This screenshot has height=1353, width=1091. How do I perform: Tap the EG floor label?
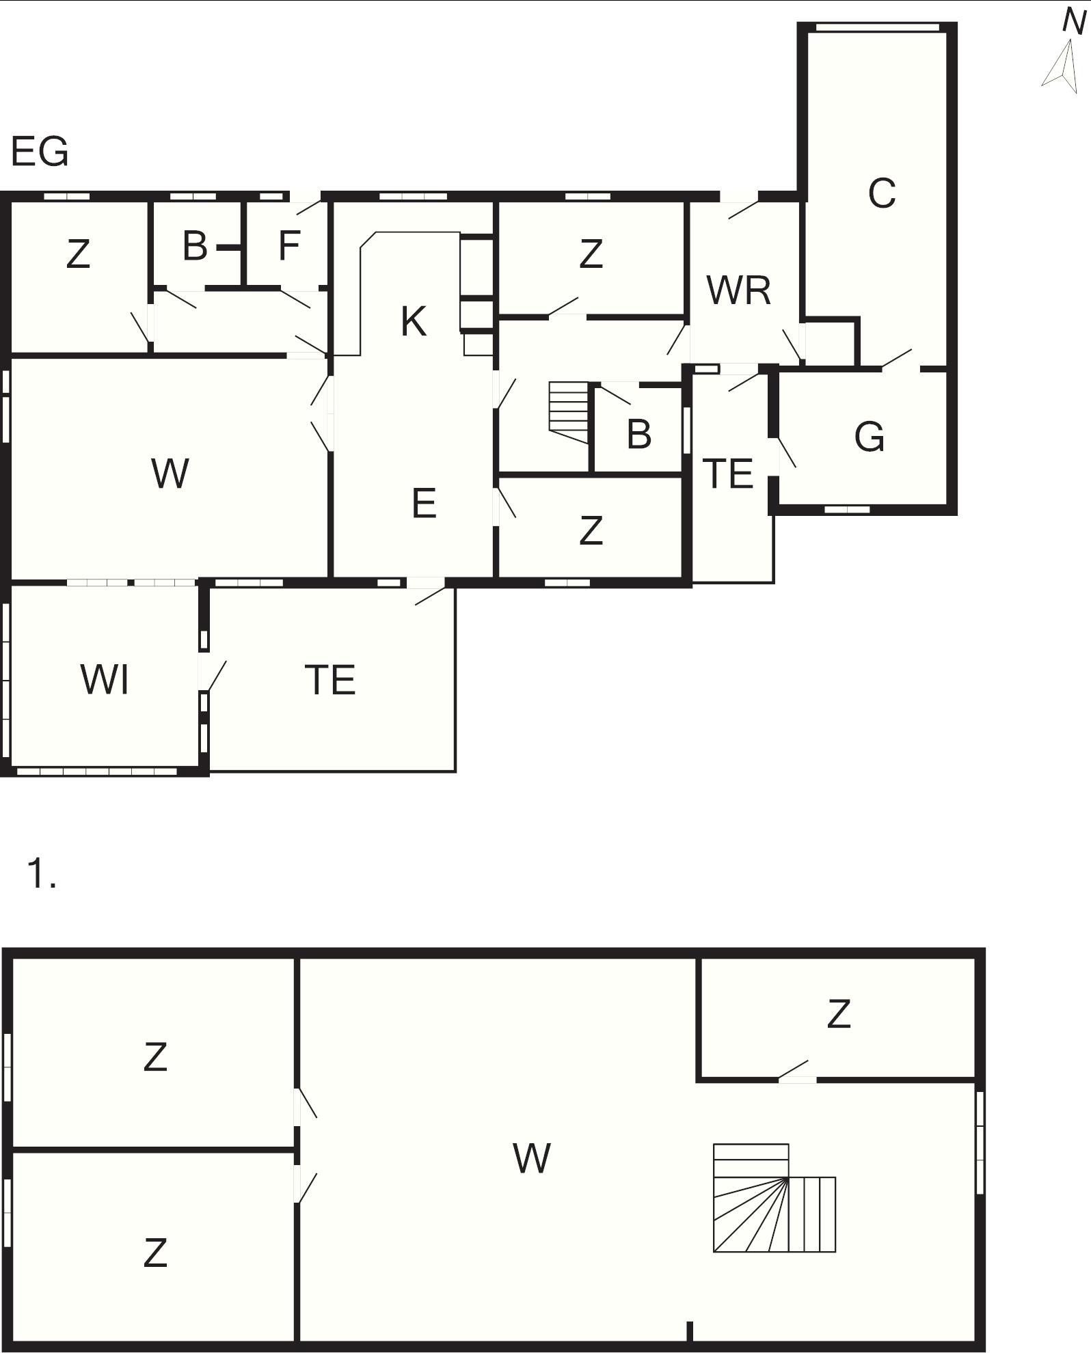pos(40,152)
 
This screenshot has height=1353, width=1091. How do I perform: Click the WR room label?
pos(739,290)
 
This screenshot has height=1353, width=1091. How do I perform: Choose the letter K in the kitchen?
pos(414,321)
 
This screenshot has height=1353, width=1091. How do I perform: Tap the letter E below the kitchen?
pos(424,503)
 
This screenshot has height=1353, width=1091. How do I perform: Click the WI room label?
pos(105,680)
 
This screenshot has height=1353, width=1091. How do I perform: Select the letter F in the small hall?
pos(289,246)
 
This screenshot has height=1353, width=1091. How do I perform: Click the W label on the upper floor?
pos(532,1158)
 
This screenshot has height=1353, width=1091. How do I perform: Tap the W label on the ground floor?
pos(170,473)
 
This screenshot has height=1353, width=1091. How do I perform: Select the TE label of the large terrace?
pos(330,680)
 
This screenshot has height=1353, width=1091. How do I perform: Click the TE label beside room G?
pos(728,474)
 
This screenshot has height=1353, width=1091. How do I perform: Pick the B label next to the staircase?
pos(639,433)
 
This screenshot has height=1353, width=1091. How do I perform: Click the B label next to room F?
pos(195,246)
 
